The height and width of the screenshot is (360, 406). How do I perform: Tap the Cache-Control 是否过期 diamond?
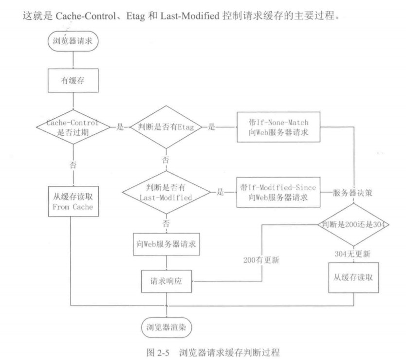(x=72, y=127)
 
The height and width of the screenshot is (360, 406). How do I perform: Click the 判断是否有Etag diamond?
(x=166, y=127)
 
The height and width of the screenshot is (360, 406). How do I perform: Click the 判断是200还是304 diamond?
(x=353, y=225)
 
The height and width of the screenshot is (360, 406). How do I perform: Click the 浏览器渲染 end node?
(x=166, y=326)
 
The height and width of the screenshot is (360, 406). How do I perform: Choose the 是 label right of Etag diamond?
(x=212, y=127)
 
